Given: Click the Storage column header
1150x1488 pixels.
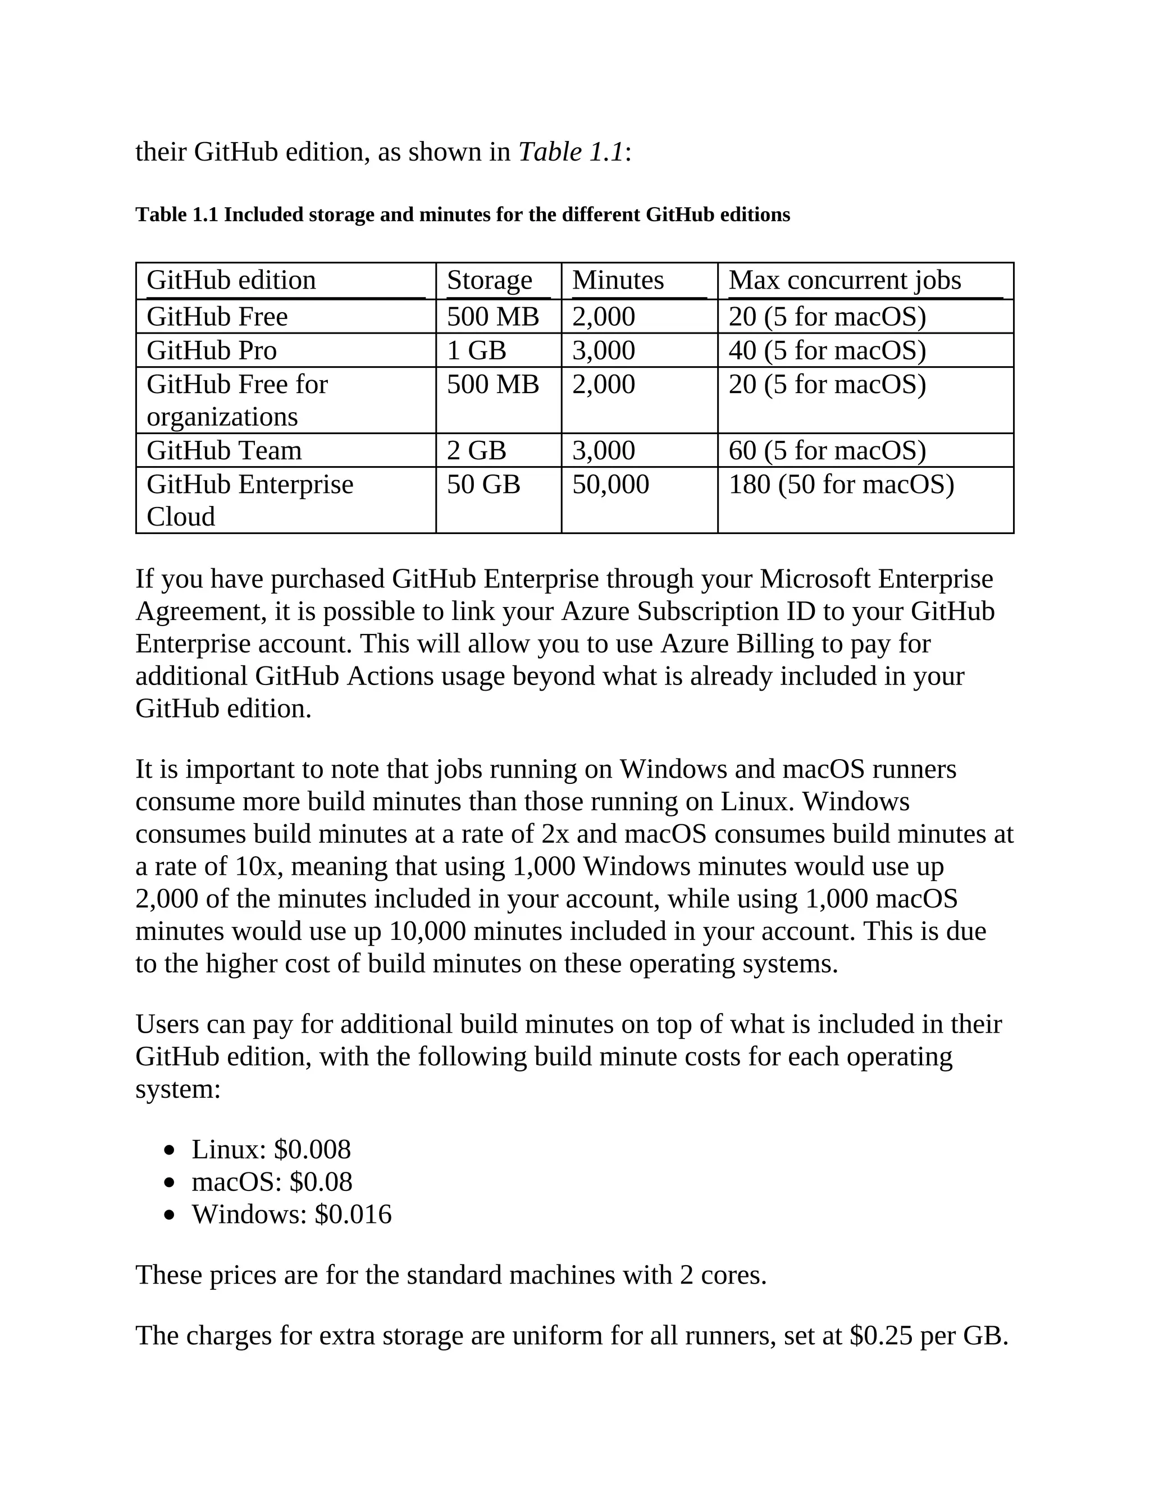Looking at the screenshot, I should (x=489, y=281).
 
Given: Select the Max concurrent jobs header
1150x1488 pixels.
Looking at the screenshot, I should (x=845, y=281).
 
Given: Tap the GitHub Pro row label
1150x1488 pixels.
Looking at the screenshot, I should (x=212, y=351).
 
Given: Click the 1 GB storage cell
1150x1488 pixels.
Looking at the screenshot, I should (x=476, y=351).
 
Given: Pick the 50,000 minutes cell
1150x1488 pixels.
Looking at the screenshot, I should (x=610, y=485).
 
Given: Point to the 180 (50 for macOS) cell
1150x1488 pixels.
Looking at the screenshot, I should (x=841, y=485).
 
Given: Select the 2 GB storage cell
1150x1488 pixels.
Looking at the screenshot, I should (x=476, y=451).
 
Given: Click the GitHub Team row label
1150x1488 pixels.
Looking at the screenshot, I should (x=224, y=451).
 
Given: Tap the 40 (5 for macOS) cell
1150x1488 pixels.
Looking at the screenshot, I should (x=827, y=351).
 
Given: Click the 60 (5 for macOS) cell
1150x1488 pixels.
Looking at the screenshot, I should (x=827, y=451).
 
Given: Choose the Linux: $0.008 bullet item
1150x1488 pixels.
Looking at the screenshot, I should (x=271, y=1150).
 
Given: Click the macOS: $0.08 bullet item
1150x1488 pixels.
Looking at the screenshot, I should (x=272, y=1182).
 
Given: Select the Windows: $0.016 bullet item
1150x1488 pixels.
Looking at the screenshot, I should (x=291, y=1215).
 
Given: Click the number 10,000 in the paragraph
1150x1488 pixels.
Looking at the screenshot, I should (x=427, y=932).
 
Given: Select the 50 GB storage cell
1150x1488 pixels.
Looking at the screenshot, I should (x=483, y=485).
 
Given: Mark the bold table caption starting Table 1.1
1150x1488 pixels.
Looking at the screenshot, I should (x=463, y=215).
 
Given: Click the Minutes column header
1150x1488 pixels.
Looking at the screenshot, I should (x=617, y=281).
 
